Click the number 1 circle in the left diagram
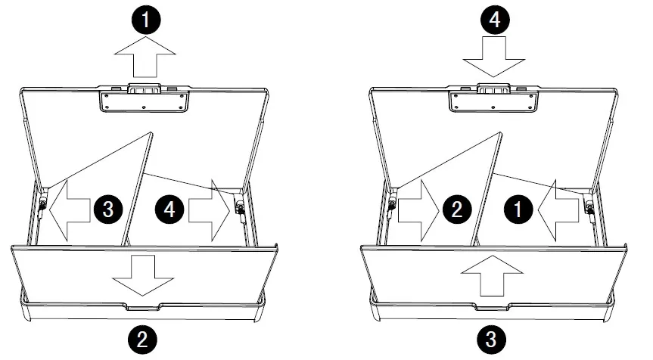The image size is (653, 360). (146, 19)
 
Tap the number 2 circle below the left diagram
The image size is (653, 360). (142, 339)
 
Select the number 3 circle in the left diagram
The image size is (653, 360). (108, 209)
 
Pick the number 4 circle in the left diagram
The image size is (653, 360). (169, 209)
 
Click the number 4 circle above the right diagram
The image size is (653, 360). (495, 19)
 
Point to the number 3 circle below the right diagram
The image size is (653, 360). (491, 339)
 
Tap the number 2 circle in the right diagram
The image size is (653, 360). (457, 209)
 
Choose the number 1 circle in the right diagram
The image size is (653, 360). (518, 209)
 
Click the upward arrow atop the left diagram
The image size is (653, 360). (145, 56)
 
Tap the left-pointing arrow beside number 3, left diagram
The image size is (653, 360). (69, 210)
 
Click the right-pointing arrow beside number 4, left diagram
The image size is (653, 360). (209, 210)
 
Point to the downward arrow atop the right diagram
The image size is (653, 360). (494, 57)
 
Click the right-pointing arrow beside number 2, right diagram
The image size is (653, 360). (418, 210)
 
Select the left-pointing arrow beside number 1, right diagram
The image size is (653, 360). (558, 210)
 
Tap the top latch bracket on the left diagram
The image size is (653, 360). (144, 98)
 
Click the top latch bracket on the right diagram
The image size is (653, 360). (493, 98)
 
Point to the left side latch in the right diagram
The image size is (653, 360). (392, 203)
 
